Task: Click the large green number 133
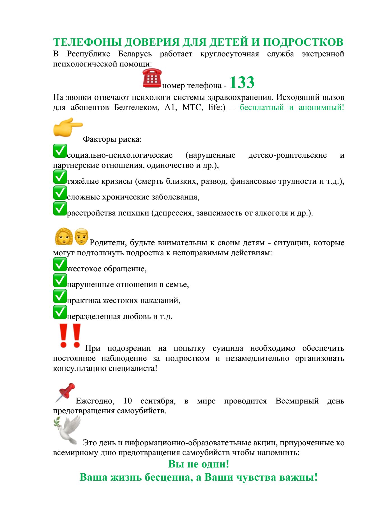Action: pyautogui.click(x=242, y=82)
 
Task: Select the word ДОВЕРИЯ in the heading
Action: pyautogui.click(x=152, y=42)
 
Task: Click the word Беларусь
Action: pyautogui.click(x=135, y=54)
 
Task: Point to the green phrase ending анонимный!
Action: pyautogui.click(x=292, y=107)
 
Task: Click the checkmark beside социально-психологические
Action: pyautogui.click(x=60, y=151)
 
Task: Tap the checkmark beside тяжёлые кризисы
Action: pyautogui.click(x=60, y=177)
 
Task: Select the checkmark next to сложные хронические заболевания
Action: pyautogui.click(x=60, y=193)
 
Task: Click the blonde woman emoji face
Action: pyautogui.click(x=64, y=237)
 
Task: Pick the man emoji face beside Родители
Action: pyautogui.click(x=82, y=236)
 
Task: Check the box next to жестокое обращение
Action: pyautogui.click(x=60, y=265)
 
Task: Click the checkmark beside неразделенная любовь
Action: pyautogui.click(x=60, y=312)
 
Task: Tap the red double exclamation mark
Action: pyautogui.click(x=70, y=336)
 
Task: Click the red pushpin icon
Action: pyautogui.click(x=66, y=392)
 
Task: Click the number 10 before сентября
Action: pyautogui.click(x=128, y=401)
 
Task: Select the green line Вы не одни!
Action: pyautogui.click(x=199, y=464)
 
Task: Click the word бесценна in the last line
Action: pyautogui.click(x=169, y=477)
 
